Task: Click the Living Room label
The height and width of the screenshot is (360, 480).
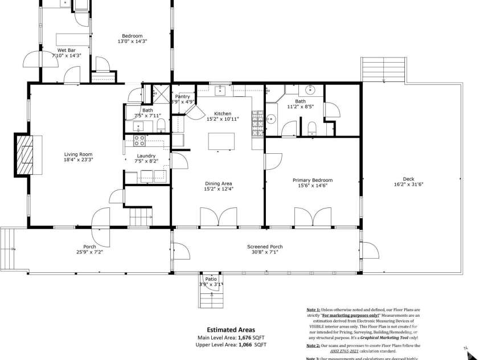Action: pos(78,154)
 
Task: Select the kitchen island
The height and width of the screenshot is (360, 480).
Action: pos(221,141)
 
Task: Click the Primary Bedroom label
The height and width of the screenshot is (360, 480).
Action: pos(313,180)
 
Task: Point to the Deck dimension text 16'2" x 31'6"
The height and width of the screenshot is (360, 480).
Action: pos(408,185)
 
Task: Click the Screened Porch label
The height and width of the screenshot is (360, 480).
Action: pos(265,247)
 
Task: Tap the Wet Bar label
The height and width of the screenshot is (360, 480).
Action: pos(67,50)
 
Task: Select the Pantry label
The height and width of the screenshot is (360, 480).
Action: pos(183,96)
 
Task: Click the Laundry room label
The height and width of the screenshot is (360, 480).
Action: pos(146,156)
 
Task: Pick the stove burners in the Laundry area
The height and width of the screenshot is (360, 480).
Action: pos(139,141)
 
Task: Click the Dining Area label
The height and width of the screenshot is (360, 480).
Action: pos(219,183)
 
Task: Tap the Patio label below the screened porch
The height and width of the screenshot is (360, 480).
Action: pos(211,279)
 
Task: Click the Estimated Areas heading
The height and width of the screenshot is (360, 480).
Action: pos(231,329)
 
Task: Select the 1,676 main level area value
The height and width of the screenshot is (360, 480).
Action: pos(245,337)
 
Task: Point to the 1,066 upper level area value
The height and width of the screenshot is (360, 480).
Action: pos(245,345)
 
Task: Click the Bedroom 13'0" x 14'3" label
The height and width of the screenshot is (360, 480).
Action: pos(132,36)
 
